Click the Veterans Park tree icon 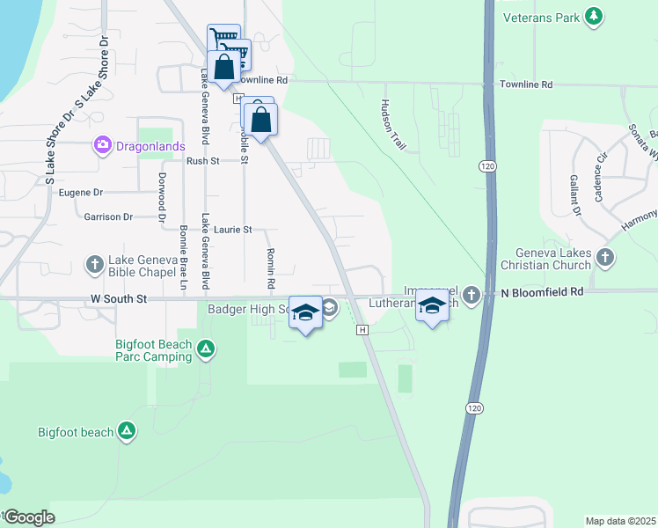pos(595,16)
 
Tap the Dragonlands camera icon pos(104,144)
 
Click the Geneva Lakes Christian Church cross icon pos(603,257)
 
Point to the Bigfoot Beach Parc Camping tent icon pos(205,350)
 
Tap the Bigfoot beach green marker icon pos(128,431)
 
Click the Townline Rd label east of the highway pos(526,84)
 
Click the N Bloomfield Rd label pos(542,291)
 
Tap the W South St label pos(117,299)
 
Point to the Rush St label pos(202,161)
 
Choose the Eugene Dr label pos(81,192)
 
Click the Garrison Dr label pos(108,216)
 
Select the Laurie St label pos(232,230)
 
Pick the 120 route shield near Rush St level pos(487,165)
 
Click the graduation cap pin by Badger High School pos(305,314)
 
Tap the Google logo pos(29,517)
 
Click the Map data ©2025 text pos(620,521)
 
